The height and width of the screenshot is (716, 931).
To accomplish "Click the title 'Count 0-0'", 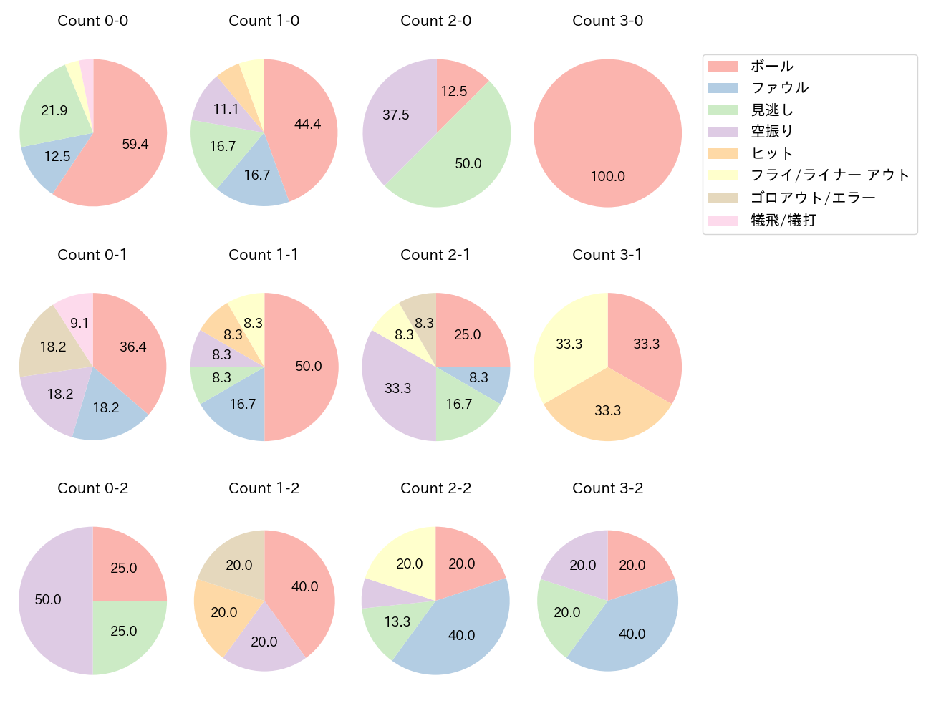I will coord(92,21).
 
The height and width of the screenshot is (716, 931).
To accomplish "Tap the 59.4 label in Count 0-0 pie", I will coord(135,144).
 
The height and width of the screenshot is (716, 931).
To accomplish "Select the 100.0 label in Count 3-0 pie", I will coord(607,176).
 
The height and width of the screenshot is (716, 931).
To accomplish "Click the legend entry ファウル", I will coord(779,88).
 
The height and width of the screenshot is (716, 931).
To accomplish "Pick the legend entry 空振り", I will coord(771,132).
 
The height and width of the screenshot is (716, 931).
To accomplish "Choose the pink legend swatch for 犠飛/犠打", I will coord(723,220).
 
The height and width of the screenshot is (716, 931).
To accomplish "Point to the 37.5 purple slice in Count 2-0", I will coord(395,115).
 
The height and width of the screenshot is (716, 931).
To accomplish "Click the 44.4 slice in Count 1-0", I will coord(307,124).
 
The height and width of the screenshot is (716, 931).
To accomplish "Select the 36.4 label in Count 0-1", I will coord(133,347).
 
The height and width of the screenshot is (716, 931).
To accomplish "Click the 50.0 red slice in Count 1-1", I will coord(308,366).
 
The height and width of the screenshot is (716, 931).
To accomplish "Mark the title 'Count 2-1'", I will coord(435,255).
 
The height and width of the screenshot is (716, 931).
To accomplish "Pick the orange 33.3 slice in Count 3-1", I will coord(607,410).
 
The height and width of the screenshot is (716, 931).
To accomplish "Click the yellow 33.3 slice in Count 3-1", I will coord(569,344).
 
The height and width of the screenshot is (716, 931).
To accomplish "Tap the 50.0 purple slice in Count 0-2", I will coord(48,599).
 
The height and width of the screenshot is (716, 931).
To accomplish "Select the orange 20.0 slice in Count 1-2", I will coord(223,612).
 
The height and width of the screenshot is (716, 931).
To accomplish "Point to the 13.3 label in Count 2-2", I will coord(397,621).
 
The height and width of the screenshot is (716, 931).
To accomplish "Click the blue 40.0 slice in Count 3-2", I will coord(632,634).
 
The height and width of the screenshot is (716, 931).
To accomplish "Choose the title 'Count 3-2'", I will coord(607,488).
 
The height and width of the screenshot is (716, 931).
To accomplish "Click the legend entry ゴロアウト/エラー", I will coord(812,198).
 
